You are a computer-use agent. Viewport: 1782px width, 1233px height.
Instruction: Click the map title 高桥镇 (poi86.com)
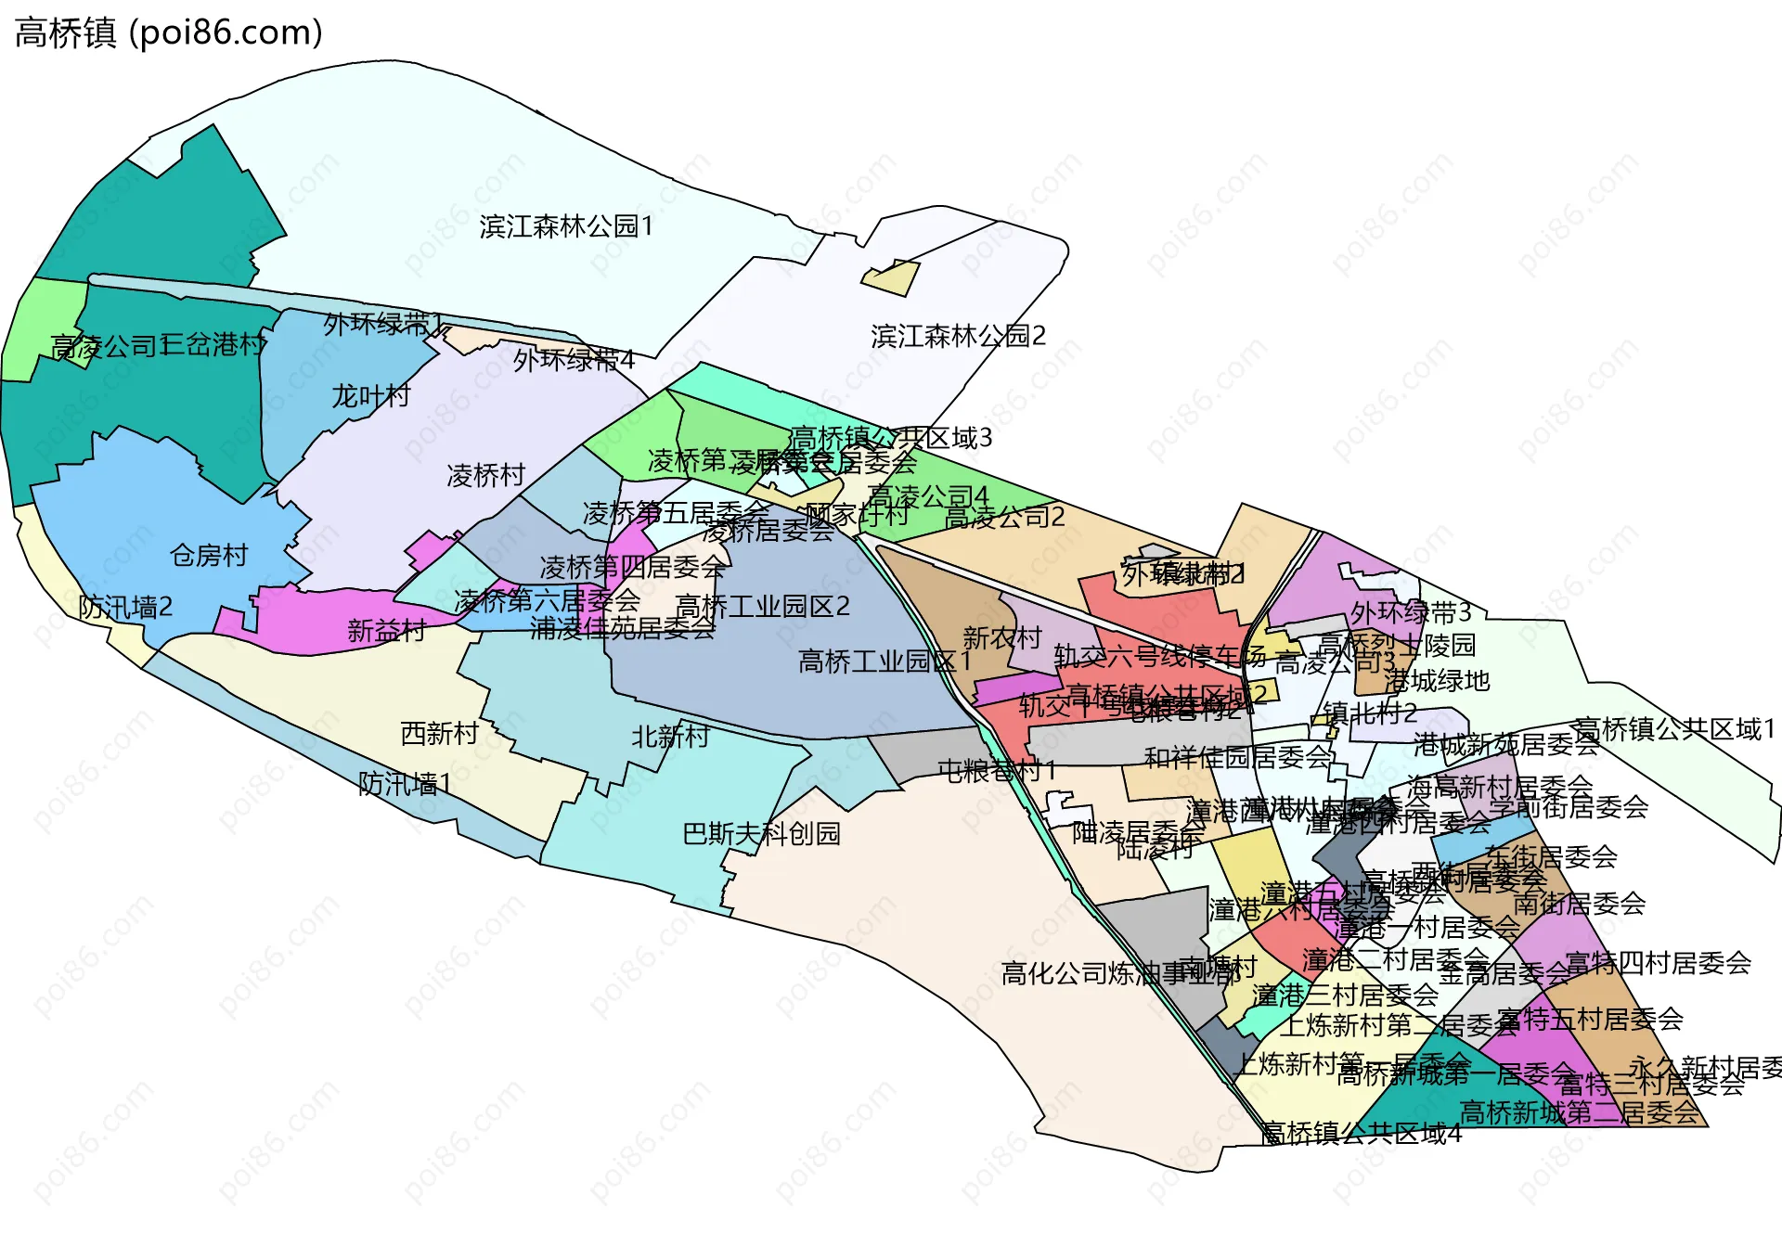pyautogui.click(x=169, y=32)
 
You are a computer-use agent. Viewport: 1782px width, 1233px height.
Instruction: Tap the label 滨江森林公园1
pyautogui.click(x=566, y=226)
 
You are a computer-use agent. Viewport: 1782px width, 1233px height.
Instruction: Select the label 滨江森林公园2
pyautogui.click(x=958, y=336)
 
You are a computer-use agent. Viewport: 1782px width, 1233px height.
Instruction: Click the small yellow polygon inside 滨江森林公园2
pyautogui.click(x=892, y=278)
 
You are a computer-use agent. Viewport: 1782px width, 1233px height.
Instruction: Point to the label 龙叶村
pyautogui.click(x=371, y=396)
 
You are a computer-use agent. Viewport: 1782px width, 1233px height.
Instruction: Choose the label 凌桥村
pyautogui.click(x=485, y=476)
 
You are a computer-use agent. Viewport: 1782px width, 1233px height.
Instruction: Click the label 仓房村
pyautogui.click(x=210, y=556)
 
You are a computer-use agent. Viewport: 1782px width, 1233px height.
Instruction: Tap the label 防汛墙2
pyautogui.click(x=125, y=608)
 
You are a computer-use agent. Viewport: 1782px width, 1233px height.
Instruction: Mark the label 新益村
pyautogui.click(x=386, y=631)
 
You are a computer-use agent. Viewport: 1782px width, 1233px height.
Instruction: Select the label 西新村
pyautogui.click(x=439, y=734)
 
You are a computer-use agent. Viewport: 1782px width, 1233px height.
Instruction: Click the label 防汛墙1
pyautogui.click(x=405, y=785)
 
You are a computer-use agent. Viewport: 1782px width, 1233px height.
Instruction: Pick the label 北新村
pyautogui.click(x=670, y=737)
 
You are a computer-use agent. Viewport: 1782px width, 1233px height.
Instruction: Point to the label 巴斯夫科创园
pyautogui.click(x=761, y=834)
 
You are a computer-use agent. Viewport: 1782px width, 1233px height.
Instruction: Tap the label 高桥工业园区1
pyautogui.click(x=885, y=661)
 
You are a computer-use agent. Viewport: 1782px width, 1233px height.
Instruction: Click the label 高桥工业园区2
pyautogui.click(x=762, y=607)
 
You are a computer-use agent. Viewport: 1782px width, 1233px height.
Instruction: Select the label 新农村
pyautogui.click(x=1001, y=638)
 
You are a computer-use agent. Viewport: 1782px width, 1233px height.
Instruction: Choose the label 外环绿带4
pyautogui.click(x=574, y=360)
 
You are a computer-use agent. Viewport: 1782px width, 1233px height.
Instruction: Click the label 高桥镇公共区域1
pyautogui.click(x=1674, y=729)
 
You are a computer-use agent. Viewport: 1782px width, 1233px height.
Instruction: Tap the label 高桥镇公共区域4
pyautogui.click(x=1361, y=1134)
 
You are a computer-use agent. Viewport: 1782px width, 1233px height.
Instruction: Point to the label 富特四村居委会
pyautogui.click(x=1658, y=963)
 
